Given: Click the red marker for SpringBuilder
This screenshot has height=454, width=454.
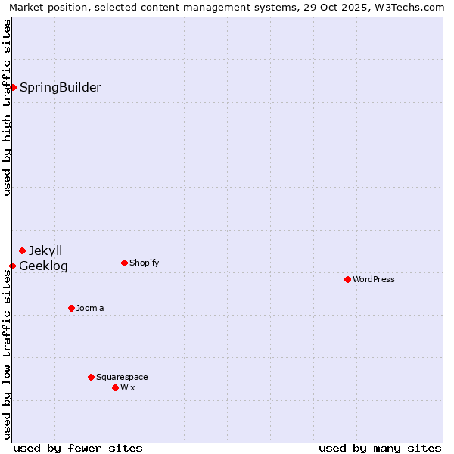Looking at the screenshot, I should (x=13, y=87).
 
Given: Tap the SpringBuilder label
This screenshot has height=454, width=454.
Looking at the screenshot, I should (x=61, y=87).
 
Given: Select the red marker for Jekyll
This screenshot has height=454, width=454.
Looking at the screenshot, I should (x=22, y=250).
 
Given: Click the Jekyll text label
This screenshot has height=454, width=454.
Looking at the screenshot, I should (x=45, y=250).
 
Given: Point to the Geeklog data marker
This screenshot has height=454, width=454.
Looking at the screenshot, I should (x=12, y=266).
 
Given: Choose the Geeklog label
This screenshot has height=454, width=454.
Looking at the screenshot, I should (x=43, y=266).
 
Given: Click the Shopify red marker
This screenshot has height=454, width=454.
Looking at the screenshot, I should (x=124, y=263).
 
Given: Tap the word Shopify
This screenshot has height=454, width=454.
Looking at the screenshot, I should (x=144, y=263).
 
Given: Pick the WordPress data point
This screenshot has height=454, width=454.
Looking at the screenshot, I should (x=347, y=279).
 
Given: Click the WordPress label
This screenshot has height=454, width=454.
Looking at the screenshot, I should (x=374, y=279).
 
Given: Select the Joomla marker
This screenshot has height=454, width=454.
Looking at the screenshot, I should (x=71, y=308).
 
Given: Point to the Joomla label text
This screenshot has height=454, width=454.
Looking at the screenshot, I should (x=90, y=308).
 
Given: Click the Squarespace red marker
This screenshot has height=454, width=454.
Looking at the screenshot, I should (x=91, y=377).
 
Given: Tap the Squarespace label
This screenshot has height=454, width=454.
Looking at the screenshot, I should (x=122, y=377).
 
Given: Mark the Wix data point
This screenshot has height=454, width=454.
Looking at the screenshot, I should (x=115, y=387).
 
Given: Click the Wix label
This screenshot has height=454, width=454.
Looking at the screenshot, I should (x=128, y=387).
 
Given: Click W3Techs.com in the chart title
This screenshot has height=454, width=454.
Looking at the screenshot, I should (x=407, y=7).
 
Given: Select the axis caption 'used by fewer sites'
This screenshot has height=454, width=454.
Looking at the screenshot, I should (x=78, y=448).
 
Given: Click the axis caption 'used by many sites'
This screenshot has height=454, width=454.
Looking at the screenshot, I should (x=380, y=448).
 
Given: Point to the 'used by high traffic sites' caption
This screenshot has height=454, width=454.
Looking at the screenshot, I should (x=7, y=107).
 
